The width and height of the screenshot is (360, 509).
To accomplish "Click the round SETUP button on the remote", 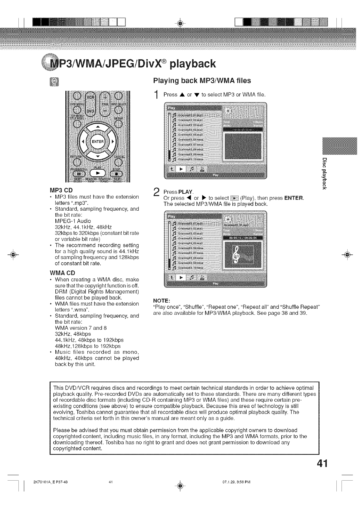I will point(119,124).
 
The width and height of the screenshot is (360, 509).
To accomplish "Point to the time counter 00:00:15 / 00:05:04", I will point(243,237).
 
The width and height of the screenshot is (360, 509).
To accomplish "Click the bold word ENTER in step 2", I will point(294,198).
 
